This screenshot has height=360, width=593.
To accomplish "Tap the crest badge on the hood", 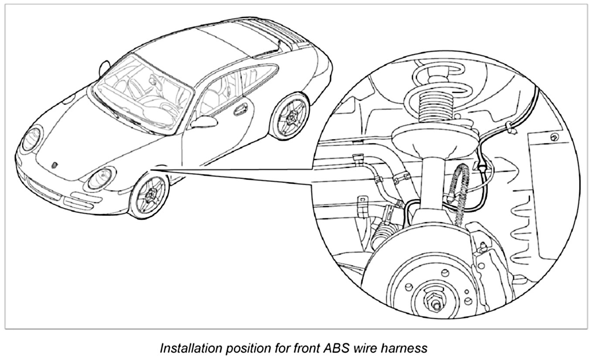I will pos(55,166).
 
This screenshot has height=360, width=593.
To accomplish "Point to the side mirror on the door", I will pos(204,122).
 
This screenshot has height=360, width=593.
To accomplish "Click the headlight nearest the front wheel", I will pos(100,178).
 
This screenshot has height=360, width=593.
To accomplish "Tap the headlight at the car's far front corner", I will pos(32,139).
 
